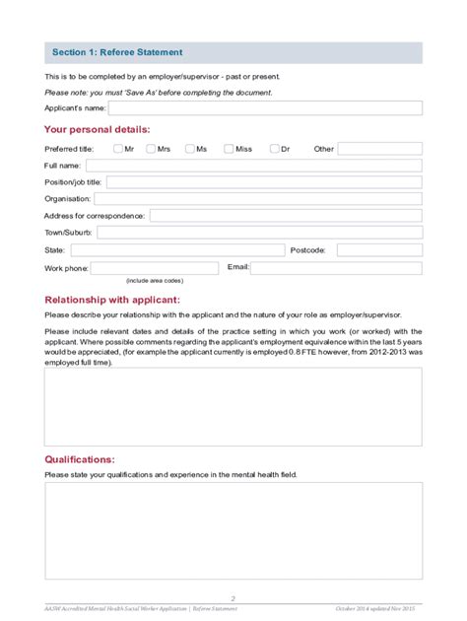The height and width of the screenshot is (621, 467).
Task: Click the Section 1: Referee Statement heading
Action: click(x=116, y=52)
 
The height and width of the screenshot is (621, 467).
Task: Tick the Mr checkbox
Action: click(x=118, y=149)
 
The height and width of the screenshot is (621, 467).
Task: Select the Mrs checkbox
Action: click(x=152, y=149)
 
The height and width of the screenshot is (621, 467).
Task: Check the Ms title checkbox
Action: click(x=189, y=149)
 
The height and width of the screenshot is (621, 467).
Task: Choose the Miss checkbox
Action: click(x=229, y=149)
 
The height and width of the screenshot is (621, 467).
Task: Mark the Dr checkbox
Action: click(x=273, y=149)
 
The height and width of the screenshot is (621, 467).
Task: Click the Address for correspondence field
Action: click(x=286, y=216)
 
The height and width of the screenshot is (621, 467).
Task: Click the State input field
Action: click(x=177, y=250)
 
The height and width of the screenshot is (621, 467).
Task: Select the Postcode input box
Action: click(x=379, y=250)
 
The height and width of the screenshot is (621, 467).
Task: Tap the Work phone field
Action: click(x=155, y=267)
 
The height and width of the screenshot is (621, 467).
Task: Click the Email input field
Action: click(x=336, y=267)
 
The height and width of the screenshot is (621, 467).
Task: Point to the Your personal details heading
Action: click(x=98, y=129)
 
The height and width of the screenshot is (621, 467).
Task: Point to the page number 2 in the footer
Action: click(x=233, y=598)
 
